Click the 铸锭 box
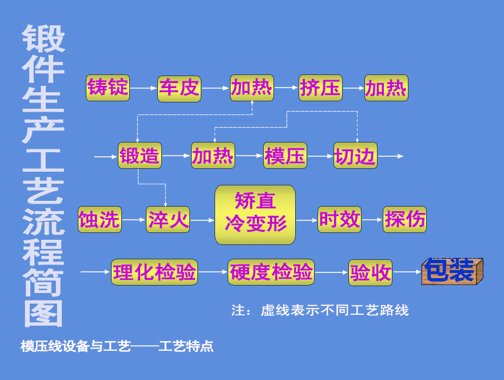(x=108, y=88)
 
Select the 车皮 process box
(x=179, y=88)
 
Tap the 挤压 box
(x=320, y=88)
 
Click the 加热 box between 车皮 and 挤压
(x=252, y=88)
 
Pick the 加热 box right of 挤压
(x=386, y=88)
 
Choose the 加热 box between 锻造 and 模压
(x=213, y=156)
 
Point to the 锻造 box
(x=140, y=156)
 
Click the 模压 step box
(x=285, y=156)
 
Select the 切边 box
(x=355, y=156)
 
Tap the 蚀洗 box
(x=100, y=220)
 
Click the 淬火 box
(x=168, y=220)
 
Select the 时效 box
(x=339, y=220)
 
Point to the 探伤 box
(x=404, y=220)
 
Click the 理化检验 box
(x=154, y=272)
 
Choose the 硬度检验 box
(x=271, y=272)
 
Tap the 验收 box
(x=371, y=272)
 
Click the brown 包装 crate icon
(x=452, y=271)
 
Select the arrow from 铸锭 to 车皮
(x=143, y=88)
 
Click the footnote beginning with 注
(x=320, y=310)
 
